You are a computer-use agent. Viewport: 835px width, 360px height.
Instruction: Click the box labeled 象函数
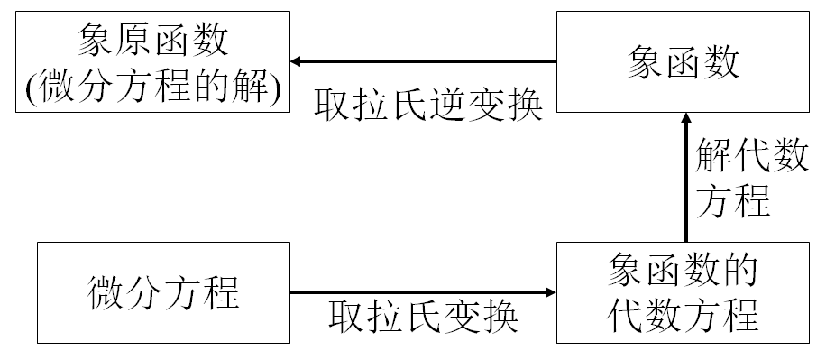click(683, 62)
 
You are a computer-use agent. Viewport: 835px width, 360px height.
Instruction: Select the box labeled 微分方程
click(163, 292)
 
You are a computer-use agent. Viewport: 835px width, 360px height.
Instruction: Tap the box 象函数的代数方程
click(683, 292)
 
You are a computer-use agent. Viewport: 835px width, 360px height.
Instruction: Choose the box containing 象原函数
click(152, 62)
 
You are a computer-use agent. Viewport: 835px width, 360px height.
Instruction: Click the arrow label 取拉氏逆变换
click(428, 106)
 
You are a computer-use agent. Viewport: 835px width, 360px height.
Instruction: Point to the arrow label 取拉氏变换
click(423, 316)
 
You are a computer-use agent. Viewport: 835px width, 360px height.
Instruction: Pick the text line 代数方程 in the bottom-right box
click(683, 316)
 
